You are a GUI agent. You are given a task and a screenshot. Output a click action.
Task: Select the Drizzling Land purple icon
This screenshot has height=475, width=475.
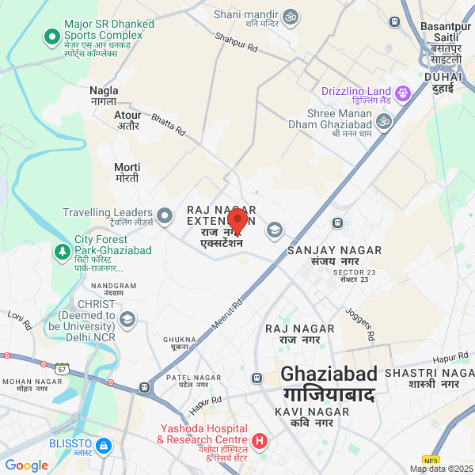coord(403,93)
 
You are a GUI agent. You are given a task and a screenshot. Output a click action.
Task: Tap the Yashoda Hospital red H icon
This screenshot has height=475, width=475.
coord(259,440)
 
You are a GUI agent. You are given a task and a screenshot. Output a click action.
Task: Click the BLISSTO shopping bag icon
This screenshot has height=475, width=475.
coord(102,447)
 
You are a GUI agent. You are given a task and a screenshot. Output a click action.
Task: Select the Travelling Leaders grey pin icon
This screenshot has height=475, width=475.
coord(165,215)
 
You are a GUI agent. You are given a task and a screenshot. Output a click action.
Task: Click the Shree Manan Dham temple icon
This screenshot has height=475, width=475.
coord(384,121)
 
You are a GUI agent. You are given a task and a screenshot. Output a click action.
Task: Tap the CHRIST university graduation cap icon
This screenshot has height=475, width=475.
coord(127,319)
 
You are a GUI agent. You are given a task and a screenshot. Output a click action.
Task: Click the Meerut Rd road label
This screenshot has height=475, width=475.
coord(227,312)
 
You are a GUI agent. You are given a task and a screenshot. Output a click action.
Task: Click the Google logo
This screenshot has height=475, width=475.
coord(26,465)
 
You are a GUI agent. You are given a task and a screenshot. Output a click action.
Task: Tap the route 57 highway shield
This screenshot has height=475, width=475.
coord(62,369)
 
